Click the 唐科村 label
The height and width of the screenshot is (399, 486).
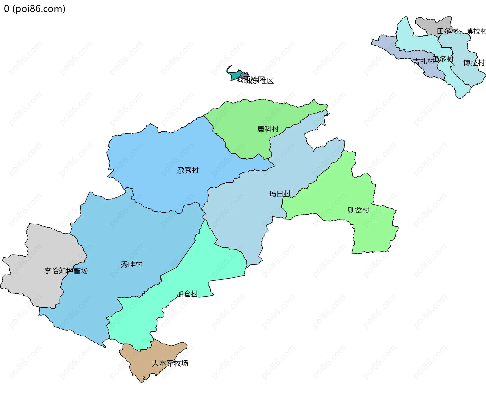coord(268,129)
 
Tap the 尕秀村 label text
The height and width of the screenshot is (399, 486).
coord(188,170)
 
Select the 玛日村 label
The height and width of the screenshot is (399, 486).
coord(280,194)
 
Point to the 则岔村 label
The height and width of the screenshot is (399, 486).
coord(358,210)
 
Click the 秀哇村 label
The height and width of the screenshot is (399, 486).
coord(131,264)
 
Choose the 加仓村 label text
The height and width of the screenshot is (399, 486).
coord(187,294)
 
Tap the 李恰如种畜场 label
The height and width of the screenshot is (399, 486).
coord(66,271)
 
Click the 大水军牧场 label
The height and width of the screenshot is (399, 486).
coord(170,363)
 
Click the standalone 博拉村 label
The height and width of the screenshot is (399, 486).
coord(474,63)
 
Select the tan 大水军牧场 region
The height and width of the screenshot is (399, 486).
coord(152,354)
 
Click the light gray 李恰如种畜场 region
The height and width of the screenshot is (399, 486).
coord(38,253)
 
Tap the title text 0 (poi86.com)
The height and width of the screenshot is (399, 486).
coord(35,9)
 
